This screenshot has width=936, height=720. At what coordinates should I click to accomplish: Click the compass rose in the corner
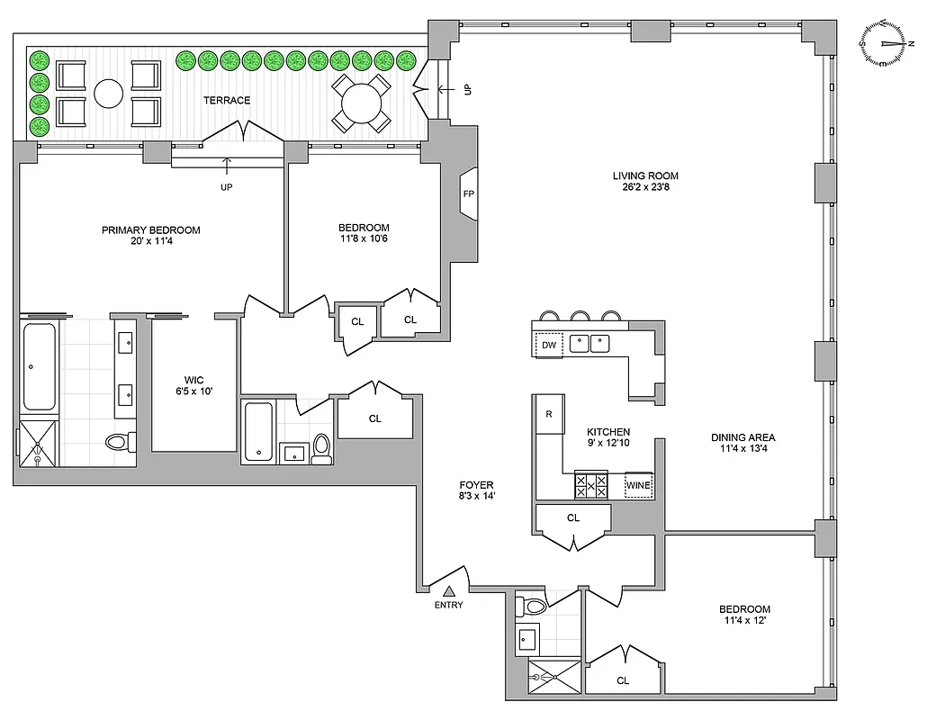point(886,43)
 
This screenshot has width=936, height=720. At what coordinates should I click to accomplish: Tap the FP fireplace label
point(468,194)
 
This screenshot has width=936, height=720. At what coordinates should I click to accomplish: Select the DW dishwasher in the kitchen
point(548,344)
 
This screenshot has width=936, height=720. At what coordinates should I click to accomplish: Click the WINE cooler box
point(638,486)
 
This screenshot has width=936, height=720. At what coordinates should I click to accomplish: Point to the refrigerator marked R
point(548,415)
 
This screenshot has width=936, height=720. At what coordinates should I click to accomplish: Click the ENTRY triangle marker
point(448,590)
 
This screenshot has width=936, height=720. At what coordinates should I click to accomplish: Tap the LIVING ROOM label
point(645,175)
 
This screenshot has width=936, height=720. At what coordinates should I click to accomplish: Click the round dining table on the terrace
point(360,102)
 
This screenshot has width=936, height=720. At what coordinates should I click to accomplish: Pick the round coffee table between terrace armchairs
point(109,94)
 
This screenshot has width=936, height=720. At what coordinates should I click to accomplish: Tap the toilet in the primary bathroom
point(118,441)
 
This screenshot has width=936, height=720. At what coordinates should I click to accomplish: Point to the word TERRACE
point(227,101)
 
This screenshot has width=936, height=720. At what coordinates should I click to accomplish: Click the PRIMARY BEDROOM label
point(150,230)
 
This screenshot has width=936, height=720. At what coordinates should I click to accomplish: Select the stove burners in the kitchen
point(590,486)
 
